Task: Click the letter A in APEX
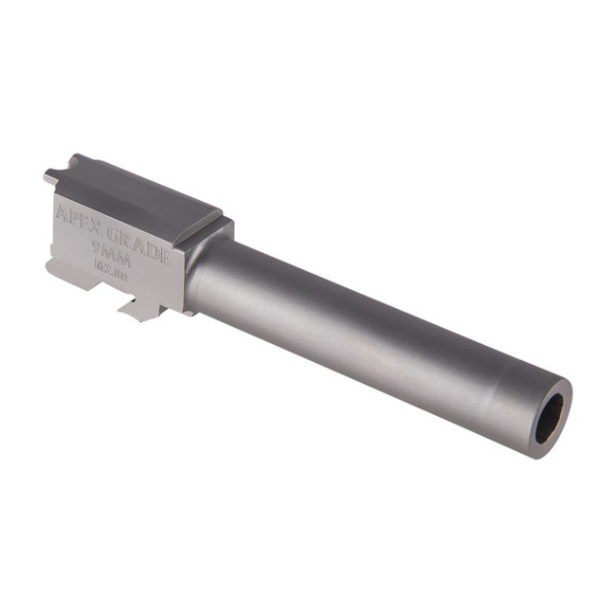click(63, 209)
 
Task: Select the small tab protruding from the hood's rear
click(50, 176)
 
